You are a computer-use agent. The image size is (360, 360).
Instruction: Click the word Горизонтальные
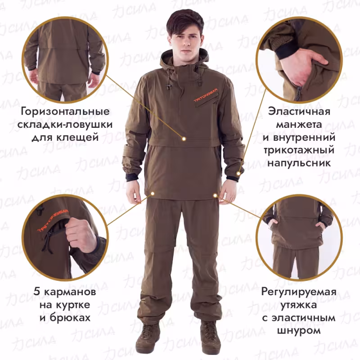pos(66,111)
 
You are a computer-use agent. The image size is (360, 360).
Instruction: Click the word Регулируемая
pos(299,292)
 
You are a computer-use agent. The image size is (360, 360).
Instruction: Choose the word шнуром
pos(299,331)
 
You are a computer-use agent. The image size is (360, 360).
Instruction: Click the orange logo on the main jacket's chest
pos(206,96)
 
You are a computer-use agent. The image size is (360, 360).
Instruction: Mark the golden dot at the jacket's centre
pos(184,138)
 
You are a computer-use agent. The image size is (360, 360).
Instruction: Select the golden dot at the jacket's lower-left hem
pos(153,193)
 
